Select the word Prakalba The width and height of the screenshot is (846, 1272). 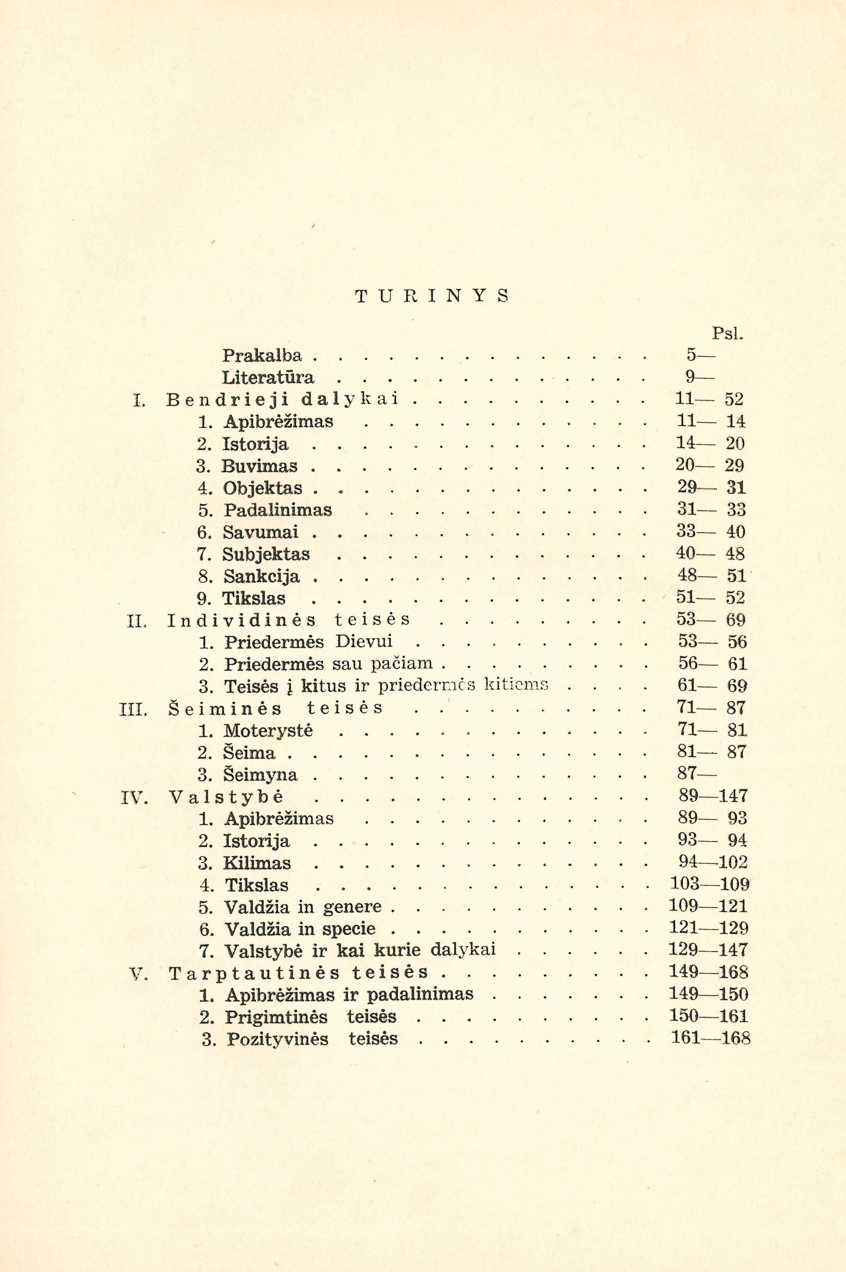(x=262, y=355)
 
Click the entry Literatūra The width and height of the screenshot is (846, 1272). (x=268, y=377)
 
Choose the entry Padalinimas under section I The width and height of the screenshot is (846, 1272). (x=278, y=510)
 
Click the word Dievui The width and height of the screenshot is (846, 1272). (x=364, y=642)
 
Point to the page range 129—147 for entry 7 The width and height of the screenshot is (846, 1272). (x=708, y=950)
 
